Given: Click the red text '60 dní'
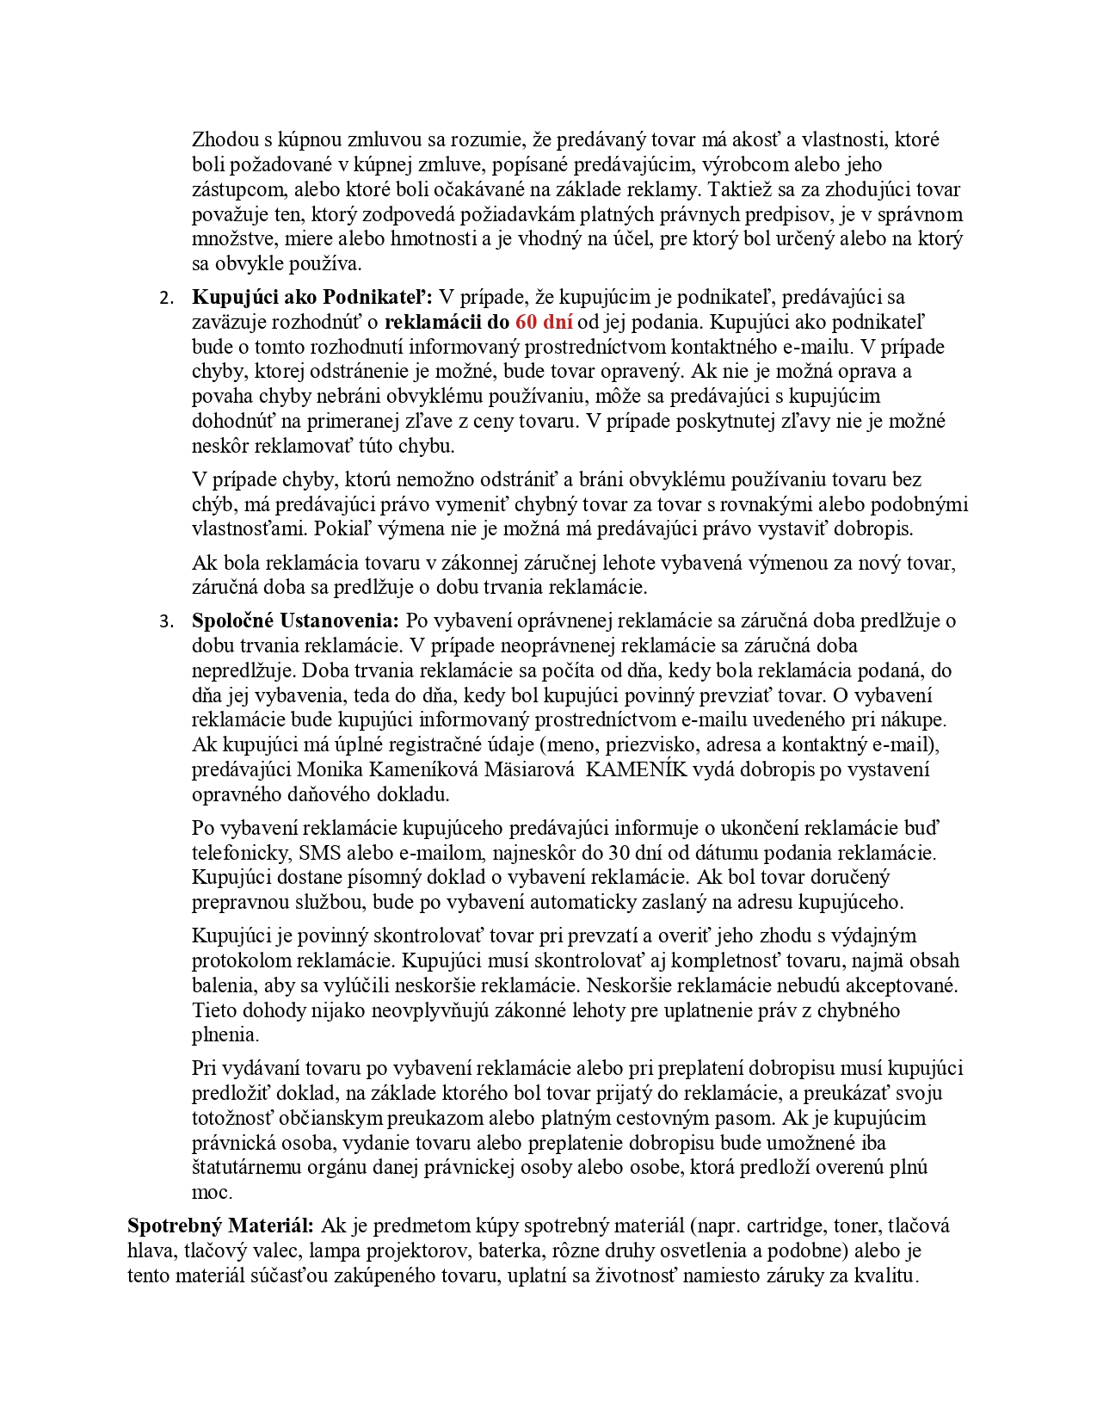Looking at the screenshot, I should [544, 322].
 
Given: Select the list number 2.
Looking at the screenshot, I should [166, 299].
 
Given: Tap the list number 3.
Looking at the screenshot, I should [166, 622].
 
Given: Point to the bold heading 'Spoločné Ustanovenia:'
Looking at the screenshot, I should [295, 620].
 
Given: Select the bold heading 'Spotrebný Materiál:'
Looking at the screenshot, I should [220, 1226].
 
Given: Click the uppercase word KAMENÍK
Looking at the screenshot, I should [637, 769].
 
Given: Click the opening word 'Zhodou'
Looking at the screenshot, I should [222, 139].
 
